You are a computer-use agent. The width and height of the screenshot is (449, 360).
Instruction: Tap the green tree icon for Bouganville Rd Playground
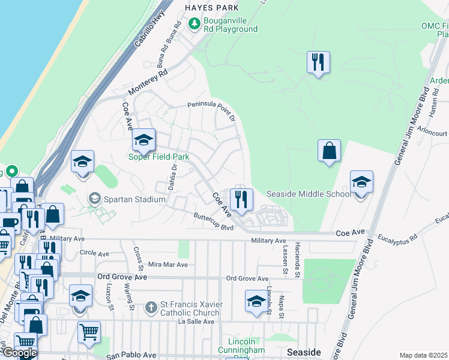[x=194, y=24]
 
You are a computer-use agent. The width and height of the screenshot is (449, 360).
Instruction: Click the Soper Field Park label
[x=158, y=157]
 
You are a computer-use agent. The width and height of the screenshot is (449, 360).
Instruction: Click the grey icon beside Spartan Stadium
[x=94, y=198]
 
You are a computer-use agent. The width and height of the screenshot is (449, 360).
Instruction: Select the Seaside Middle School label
[x=308, y=194]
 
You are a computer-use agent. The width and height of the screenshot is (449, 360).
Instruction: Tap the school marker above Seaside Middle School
[x=361, y=183]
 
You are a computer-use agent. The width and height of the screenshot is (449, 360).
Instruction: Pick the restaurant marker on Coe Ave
[x=241, y=200]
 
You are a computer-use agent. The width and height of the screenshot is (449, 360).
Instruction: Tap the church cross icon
[x=152, y=308]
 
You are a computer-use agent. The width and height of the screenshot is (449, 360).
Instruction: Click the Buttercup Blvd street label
[x=213, y=222]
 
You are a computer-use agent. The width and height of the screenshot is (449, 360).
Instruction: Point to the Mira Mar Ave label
[x=167, y=265]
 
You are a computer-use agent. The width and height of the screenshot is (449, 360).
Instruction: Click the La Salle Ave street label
[x=196, y=322]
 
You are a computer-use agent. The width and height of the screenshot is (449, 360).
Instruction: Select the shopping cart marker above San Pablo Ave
[x=88, y=331]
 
